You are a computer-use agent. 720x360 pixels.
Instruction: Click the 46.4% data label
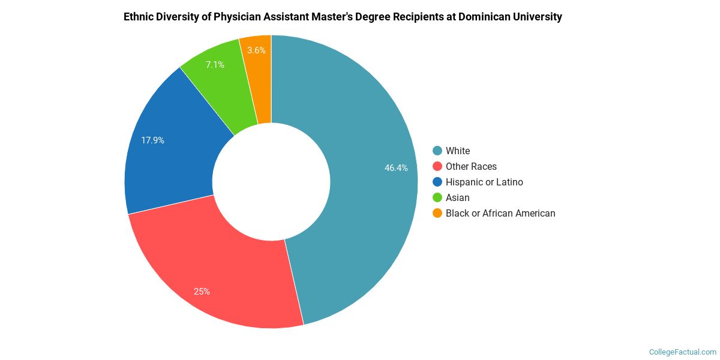click(396, 168)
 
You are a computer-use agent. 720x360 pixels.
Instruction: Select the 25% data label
click(202, 292)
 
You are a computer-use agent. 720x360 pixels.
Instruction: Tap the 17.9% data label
click(152, 140)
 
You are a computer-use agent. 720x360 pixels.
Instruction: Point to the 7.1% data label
click(215, 64)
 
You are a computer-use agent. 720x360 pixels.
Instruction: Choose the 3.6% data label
click(256, 50)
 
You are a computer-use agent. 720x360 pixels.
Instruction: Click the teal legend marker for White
click(437, 151)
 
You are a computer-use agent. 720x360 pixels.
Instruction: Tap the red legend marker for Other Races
click(437, 166)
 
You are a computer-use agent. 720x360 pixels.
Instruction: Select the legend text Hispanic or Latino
click(484, 182)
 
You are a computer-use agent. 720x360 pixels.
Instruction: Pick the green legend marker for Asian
click(437, 197)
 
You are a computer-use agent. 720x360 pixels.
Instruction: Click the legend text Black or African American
click(500, 213)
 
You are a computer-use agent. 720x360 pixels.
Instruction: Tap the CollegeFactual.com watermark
click(683, 352)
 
